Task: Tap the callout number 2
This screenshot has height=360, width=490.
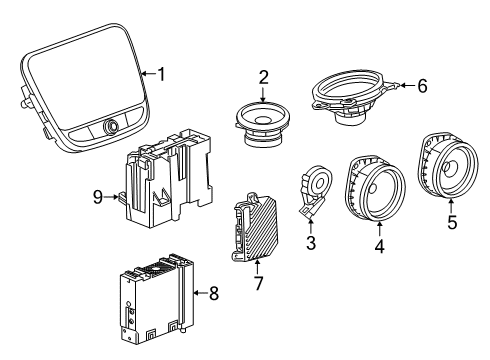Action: (x=263, y=76)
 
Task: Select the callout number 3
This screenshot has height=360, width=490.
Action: (x=311, y=242)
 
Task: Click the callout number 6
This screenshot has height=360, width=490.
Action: (x=421, y=87)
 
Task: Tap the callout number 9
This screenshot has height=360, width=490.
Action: (x=98, y=197)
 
